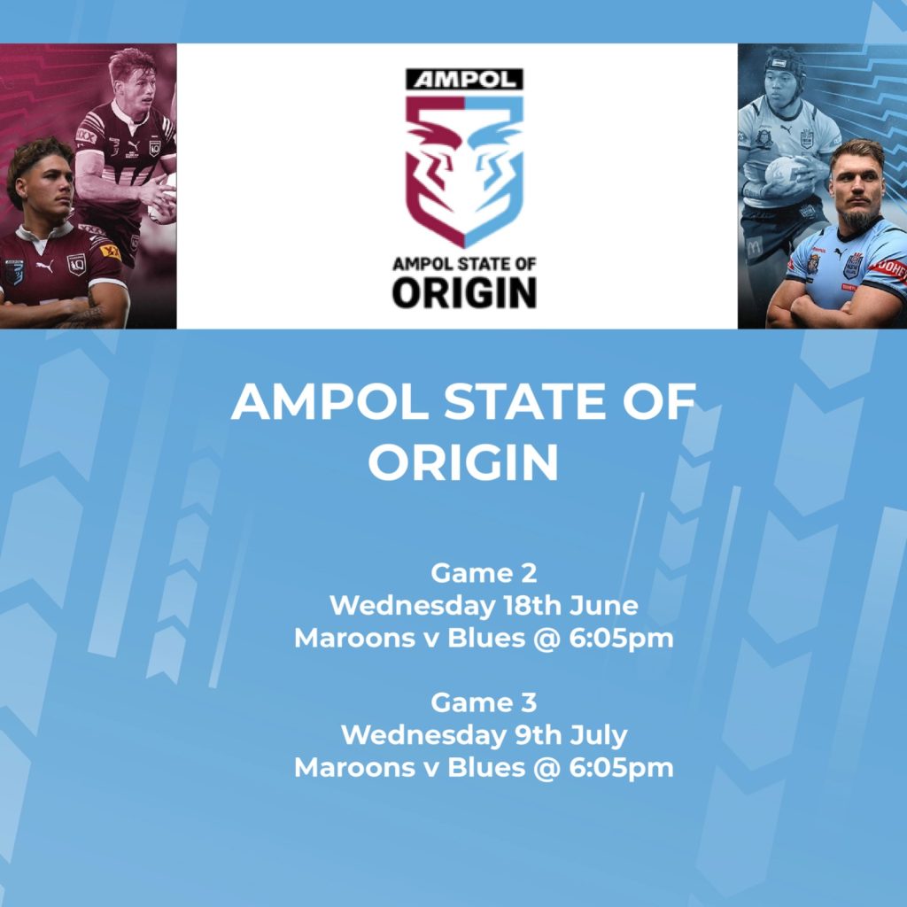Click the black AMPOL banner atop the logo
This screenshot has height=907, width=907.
(464, 80)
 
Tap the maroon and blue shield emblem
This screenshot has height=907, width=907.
(464, 171)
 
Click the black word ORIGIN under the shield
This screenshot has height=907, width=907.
(464, 292)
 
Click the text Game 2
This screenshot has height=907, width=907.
(484, 573)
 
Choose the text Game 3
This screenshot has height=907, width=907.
(484, 702)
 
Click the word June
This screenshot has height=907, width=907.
(604, 606)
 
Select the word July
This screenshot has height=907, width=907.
(599, 735)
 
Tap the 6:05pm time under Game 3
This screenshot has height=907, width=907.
(621, 769)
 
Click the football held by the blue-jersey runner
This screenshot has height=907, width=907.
(784, 173)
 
